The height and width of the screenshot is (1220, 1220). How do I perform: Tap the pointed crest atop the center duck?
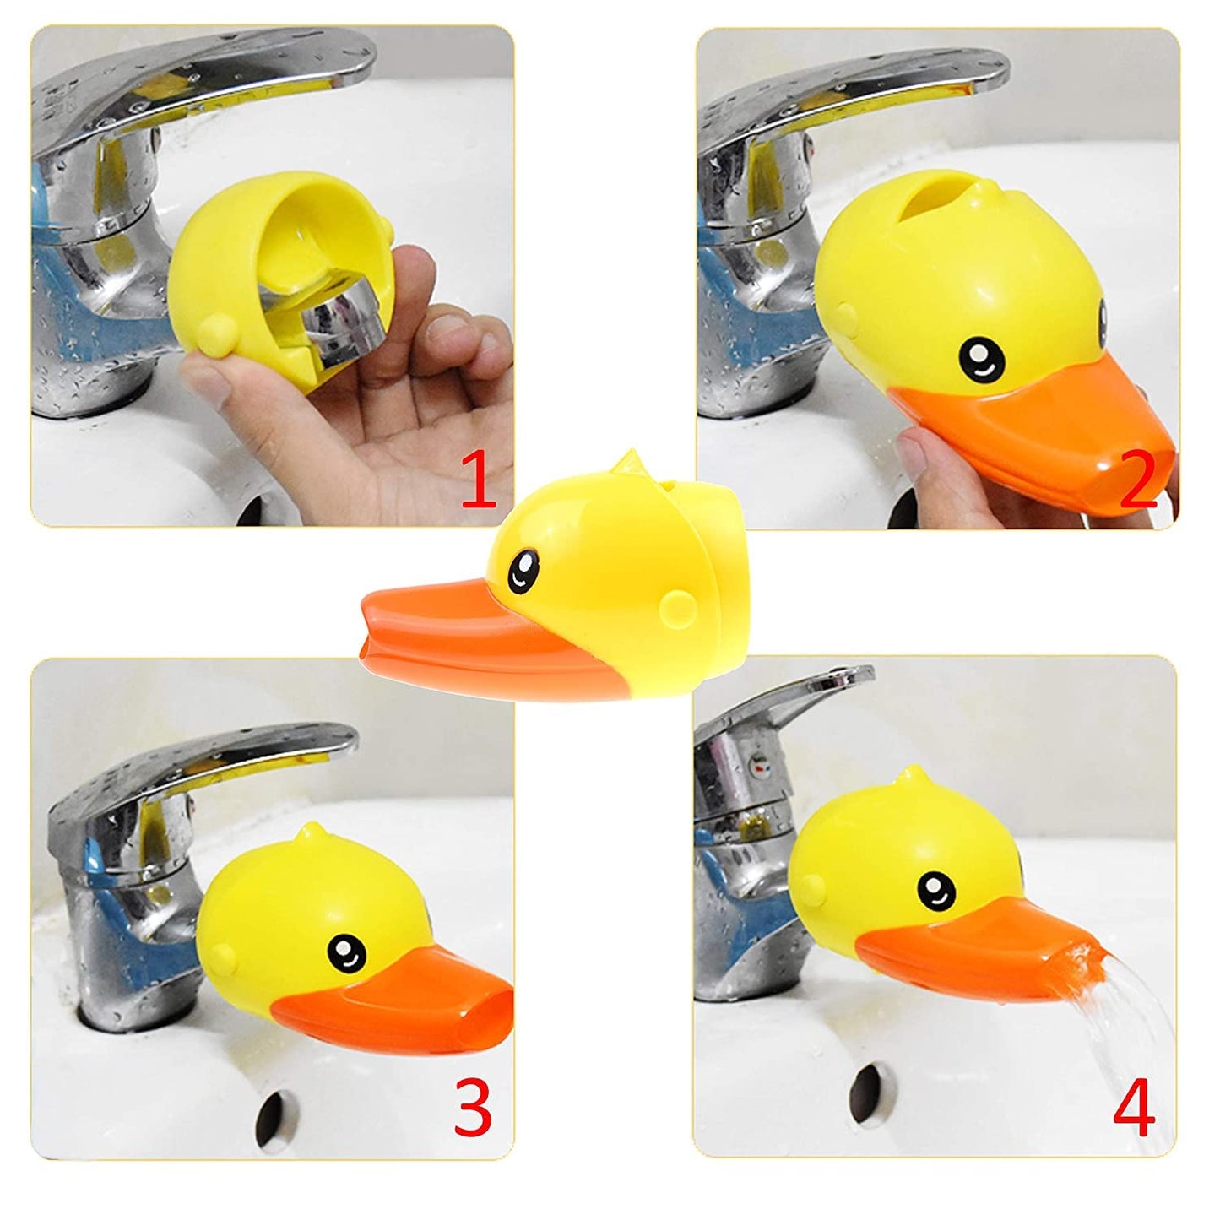(x=625, y=463)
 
